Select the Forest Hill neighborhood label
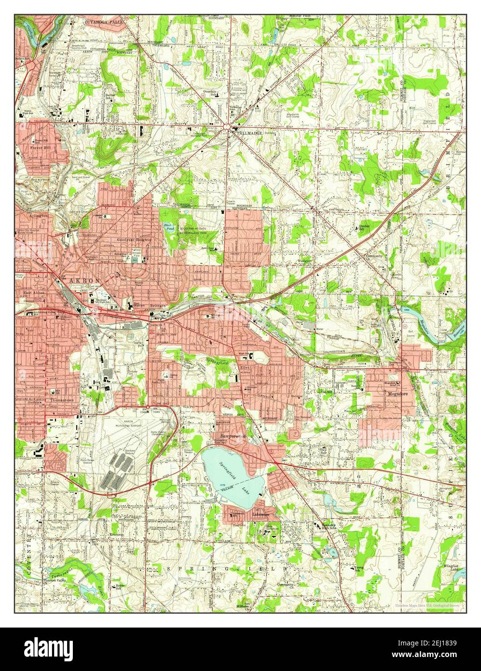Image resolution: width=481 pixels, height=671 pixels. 40,148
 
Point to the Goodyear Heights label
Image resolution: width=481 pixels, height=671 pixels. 134,239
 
